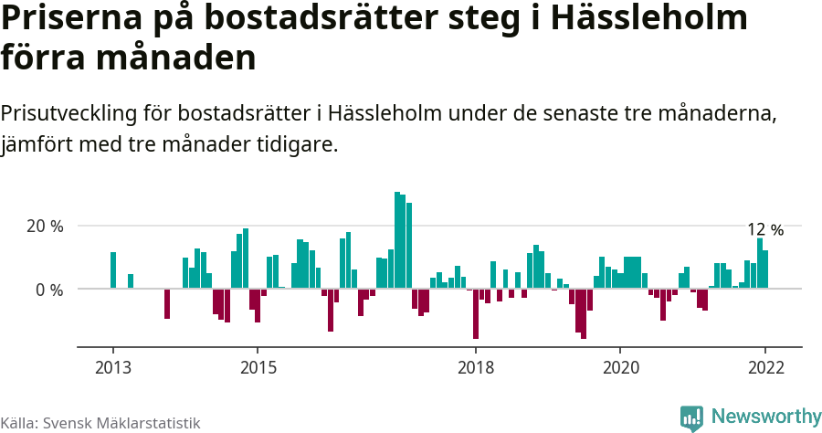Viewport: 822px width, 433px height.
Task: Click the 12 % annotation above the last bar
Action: [x=765, y=229]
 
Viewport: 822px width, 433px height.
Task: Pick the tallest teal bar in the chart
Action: [x=397, y=240]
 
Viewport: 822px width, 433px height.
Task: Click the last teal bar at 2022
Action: [x=765, y=269]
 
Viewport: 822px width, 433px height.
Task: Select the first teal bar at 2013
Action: [x=113, y=270]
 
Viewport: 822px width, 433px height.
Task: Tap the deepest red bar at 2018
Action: [x=476, y=313]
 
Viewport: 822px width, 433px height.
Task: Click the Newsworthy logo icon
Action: [x=691, y=417]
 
